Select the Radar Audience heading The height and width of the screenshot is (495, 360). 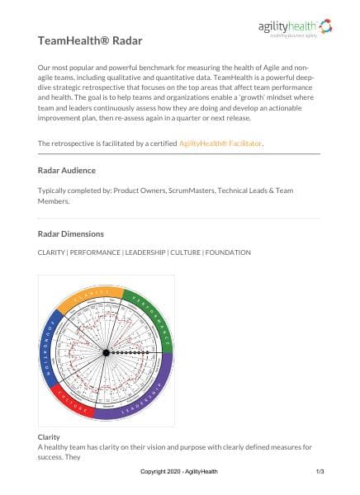(67, 170)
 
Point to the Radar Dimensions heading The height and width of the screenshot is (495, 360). (73, 233)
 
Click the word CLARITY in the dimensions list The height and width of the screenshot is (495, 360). (53, 252)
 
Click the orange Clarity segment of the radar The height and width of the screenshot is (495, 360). (89, 297)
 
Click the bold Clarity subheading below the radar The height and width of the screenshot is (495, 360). (50, 436)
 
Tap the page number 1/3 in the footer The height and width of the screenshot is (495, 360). (320, 472)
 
